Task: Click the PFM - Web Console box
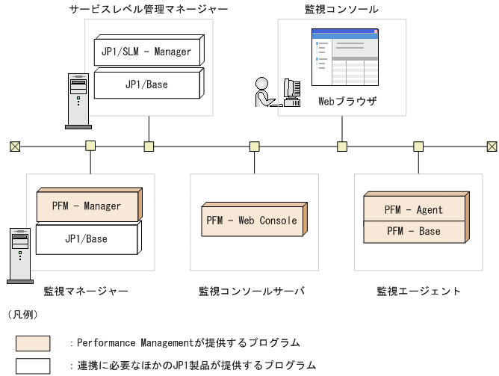(x=252, y=221)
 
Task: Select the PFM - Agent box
(x=413, y=210)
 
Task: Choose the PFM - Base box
(x=413, y=232)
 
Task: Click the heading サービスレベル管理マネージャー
(x=148, y=9)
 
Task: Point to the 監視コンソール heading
(x=341, y=9)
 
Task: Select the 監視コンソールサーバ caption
(x=251, y=291)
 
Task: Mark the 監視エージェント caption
(x=418, y=291)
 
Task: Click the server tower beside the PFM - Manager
(x=20, y=254)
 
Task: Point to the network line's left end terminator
(x=14, y=145)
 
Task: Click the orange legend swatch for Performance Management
(x=33, y=344)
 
